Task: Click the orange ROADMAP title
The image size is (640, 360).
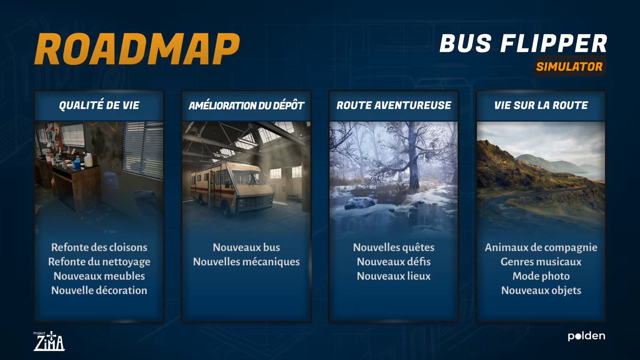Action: click(x=137, y=49)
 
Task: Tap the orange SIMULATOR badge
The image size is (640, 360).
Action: click(x=570, y=66)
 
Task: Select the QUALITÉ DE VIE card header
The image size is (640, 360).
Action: click(x=99, y=106)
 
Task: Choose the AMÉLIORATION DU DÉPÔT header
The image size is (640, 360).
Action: click(x=246, y=106)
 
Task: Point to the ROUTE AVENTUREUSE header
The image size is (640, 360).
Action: click(x=394, y=106)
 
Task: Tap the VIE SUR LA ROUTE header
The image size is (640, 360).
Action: click(x=541, y=106)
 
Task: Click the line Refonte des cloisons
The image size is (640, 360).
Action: click(x=99, y=247)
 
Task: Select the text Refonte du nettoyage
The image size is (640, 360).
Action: click(x=99, y=262)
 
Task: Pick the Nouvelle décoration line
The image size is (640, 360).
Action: click(x=99, y=290)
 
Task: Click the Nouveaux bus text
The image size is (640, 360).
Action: click(x=246, y=247)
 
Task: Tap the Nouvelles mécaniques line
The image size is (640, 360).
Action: click(x=246, y=262)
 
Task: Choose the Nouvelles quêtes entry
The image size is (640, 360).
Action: click(x=394, y=247)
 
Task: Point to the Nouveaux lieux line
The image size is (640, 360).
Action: click(x=394, y=276)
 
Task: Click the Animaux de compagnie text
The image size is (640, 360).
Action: click(x=541, y=248)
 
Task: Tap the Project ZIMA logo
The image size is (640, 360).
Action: click(x=49, y=341)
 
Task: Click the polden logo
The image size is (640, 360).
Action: click(x=586, y=336)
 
